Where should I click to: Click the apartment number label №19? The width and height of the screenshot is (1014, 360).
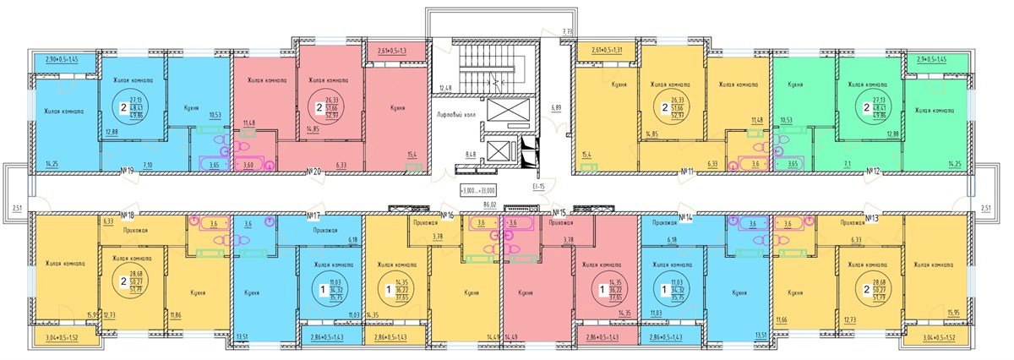128,171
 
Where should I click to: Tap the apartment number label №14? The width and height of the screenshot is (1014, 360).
688,216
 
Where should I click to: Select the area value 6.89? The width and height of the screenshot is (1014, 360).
555,108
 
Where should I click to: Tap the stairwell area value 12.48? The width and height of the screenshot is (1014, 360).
446,88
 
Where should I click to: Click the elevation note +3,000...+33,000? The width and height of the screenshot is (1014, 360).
477,189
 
